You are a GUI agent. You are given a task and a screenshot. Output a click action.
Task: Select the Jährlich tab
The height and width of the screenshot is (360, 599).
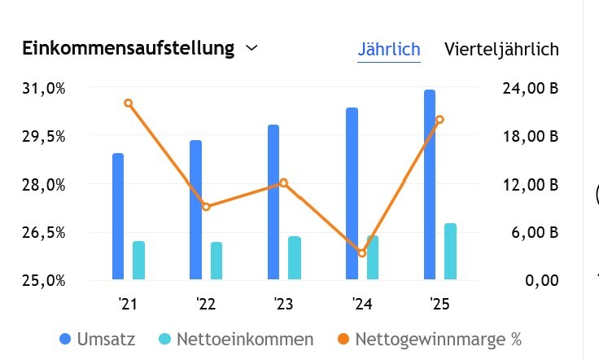click(389, 49)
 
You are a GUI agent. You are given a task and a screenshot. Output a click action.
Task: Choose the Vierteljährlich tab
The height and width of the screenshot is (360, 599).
click(501, 49)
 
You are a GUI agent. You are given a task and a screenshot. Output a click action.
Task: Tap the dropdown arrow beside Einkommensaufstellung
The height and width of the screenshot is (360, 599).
click(251, 48)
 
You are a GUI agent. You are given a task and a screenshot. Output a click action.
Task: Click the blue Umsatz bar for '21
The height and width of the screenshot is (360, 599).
click(118, 217)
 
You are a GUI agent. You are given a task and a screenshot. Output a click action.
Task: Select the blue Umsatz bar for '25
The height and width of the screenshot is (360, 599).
click(430, 185)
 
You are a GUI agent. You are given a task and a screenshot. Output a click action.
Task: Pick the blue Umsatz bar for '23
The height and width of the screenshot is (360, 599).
click(273, 202)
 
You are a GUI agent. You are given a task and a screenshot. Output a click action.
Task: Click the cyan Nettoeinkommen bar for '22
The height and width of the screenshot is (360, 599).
click(216, 261)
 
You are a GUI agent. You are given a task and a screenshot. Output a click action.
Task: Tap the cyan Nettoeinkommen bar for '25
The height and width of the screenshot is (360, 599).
click(450, 251)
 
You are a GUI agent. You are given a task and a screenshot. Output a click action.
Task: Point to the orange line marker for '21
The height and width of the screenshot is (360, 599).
click(128, 103)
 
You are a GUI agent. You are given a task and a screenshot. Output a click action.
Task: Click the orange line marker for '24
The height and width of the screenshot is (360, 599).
click(362, 253)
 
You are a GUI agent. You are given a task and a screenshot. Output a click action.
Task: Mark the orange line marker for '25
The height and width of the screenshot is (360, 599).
click(439, 120)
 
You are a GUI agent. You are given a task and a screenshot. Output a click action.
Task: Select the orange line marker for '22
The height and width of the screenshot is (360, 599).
click(206, 207)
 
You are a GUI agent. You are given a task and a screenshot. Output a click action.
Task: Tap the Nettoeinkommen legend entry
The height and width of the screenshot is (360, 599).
click(235, 339)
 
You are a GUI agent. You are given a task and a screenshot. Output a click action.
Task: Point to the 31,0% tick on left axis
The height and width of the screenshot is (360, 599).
click(43, 88)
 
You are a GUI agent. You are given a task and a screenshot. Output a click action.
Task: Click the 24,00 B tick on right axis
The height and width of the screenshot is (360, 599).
click(531, 88)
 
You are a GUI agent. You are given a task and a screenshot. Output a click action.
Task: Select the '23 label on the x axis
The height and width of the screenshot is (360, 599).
click(283, 305)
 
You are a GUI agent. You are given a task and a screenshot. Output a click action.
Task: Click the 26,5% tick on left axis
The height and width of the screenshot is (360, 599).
click(43, 233)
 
